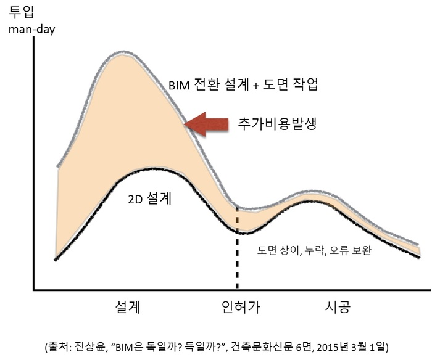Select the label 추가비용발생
(x=278, y=123)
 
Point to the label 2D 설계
(x=151, y=199)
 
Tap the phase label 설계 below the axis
(x=128, y=306)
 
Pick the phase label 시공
(x=338, y=306)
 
